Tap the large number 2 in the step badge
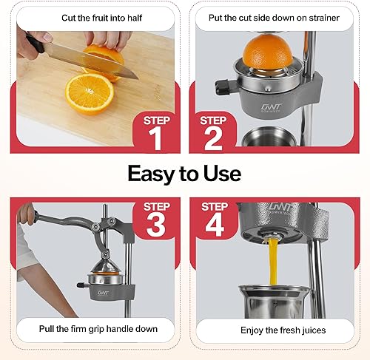(214, 138)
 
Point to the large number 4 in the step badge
(214, 225)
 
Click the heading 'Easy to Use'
(184, 173)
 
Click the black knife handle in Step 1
(34, 44)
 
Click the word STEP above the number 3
(157, 206)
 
